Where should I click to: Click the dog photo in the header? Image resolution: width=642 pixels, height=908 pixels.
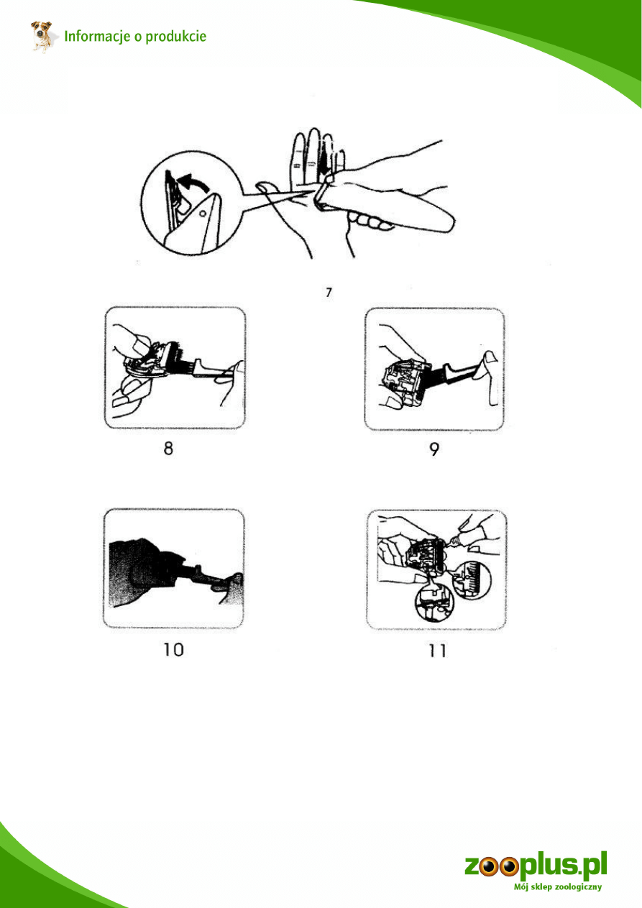42,37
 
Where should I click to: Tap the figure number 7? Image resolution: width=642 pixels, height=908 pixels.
329,293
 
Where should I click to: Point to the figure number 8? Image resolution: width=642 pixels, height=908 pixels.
168,449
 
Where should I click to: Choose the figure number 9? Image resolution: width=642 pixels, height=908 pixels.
434,449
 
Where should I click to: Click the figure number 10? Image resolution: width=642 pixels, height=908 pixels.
173,650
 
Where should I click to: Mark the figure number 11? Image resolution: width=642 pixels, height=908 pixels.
437,651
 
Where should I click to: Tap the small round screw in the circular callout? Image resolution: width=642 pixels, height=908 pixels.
203,212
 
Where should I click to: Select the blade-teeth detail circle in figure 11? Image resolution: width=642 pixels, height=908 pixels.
472,580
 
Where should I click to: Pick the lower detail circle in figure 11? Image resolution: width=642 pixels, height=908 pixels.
434,602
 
